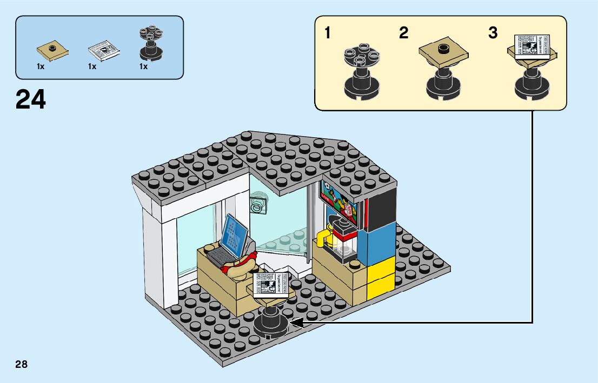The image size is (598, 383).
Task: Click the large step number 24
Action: [31, 100]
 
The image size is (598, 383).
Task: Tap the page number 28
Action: [22, 364]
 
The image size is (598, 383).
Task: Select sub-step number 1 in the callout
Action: [328, 33]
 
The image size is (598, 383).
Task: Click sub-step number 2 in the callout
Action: [403, 33]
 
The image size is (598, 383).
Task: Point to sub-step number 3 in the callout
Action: [493, 33]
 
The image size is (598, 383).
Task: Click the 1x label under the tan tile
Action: [41, 66]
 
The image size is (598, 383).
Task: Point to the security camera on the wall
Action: [258, 206]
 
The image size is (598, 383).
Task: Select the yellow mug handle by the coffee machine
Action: [323, 238]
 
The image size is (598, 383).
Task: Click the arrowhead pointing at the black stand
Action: [296, 322]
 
